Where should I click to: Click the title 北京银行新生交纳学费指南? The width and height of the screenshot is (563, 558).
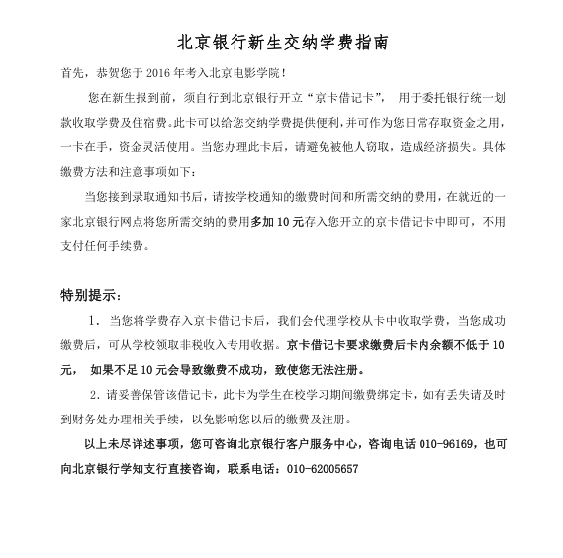click(281, 44)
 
